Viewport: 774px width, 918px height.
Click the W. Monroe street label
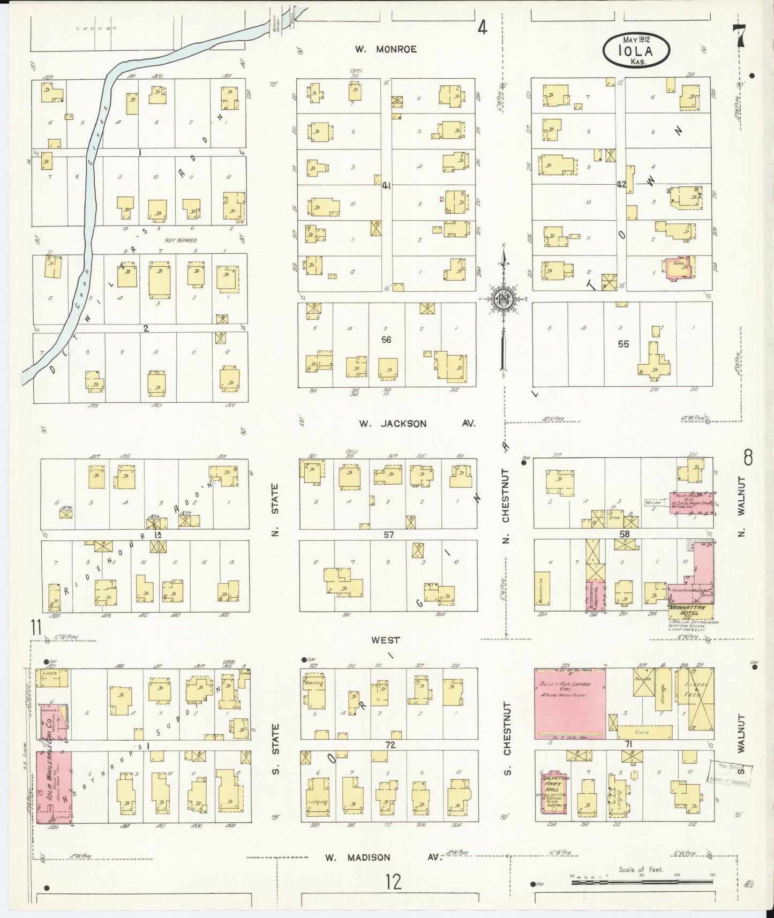[x=385, y=49]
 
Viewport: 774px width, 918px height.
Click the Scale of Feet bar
[x=641, y=881]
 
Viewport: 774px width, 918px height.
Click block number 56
[x=386, y=340]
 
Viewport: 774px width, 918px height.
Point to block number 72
[x=389, y=745]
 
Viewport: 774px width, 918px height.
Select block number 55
[x=623, y=344]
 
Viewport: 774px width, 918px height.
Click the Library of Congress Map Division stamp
[x=731, y=774]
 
